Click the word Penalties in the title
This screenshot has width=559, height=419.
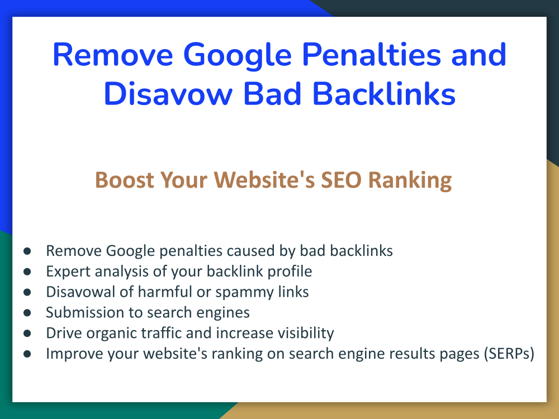click(372, 55)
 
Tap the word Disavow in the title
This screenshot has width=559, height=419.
click(168, 93)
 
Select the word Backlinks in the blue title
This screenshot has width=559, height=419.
click(384, 93)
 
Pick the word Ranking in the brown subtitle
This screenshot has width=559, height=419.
click(410, 180)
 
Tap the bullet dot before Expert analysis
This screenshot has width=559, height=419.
click(27, 272)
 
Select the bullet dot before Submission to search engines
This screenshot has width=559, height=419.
click(27, 313)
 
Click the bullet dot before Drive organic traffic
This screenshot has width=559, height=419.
click(27, 334)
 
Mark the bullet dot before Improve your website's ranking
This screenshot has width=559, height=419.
click(27, 354)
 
